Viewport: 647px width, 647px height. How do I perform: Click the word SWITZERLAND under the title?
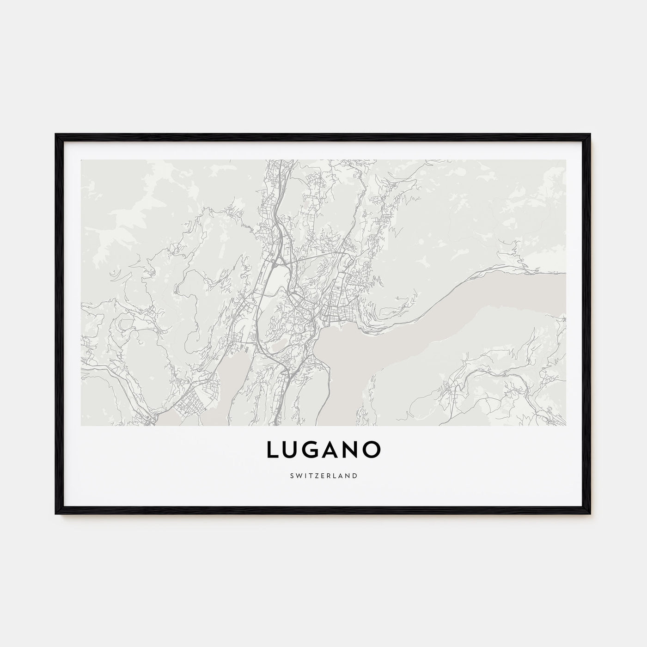pos(323,475)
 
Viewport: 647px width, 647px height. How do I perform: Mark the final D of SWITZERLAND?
pos(355,475)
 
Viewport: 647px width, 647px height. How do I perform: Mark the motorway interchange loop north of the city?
pos(276,264)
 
